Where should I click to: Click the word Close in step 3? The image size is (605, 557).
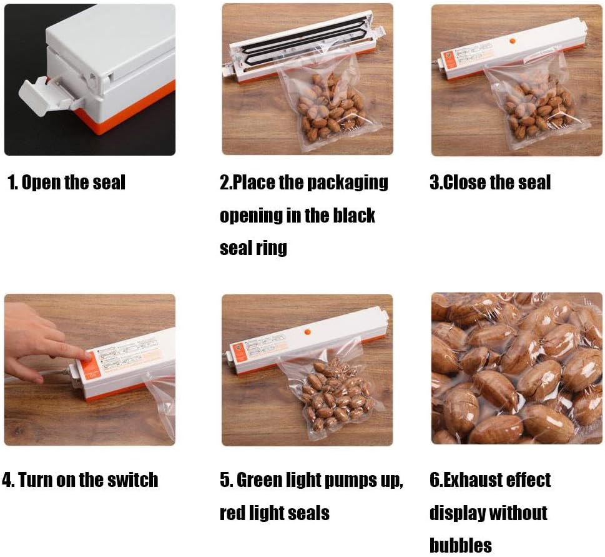click(x=466, y=183)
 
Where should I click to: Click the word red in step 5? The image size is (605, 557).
click(x=233, y=513)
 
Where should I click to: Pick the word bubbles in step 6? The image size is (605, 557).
click(x=461, y=545)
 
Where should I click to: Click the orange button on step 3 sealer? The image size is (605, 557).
click(x=513, y=41)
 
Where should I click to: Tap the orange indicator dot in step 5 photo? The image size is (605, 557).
click(x=307, y=331)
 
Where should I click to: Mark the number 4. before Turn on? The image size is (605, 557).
click(x=9, y=480)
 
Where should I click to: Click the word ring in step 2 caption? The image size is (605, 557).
click(x=271, y=248)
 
